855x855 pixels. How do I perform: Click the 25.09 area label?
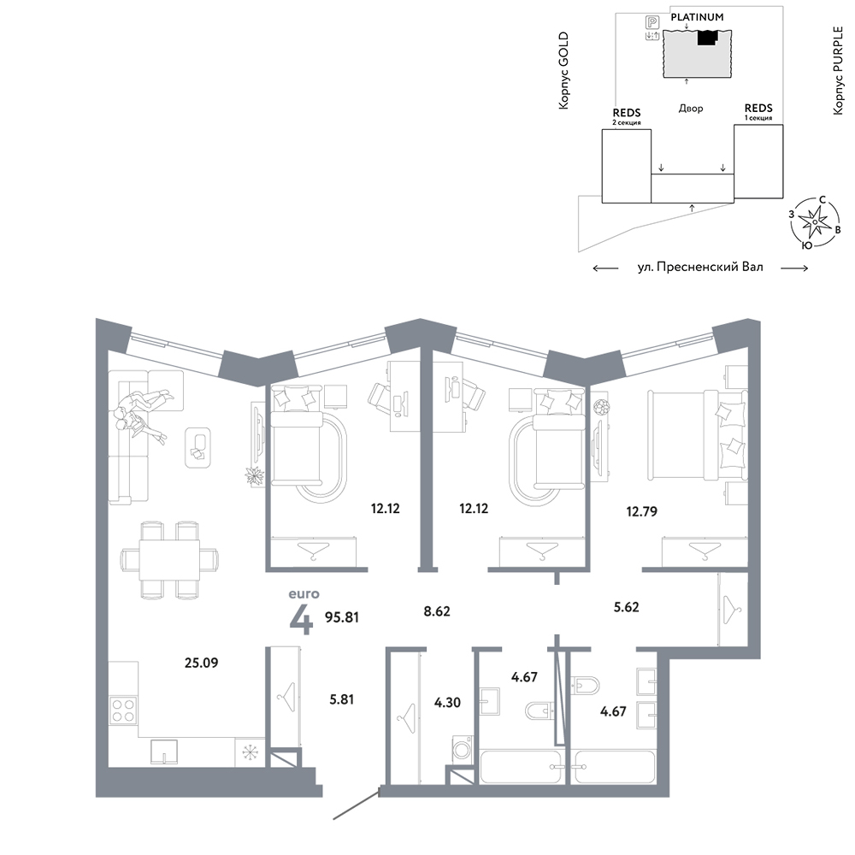201,663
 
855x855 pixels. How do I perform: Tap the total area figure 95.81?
342,617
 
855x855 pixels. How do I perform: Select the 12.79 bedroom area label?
642,511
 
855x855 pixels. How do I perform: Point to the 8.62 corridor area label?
437,611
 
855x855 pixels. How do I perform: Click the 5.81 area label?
342,699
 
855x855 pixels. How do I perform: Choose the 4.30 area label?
448,702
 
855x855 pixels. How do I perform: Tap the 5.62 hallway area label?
626,607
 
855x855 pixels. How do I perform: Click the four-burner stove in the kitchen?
123,710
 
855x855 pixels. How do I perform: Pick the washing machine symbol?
462,748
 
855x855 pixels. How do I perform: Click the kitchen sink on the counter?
164,752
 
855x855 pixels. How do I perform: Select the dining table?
169,560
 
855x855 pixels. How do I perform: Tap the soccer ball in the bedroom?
601,407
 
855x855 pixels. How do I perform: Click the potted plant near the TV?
254,476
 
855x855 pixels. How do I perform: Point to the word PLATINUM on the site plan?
697,17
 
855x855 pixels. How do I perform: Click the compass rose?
815,221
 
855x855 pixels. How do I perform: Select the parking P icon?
652,22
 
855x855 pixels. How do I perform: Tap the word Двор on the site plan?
691,109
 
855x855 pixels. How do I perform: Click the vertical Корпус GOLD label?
563,70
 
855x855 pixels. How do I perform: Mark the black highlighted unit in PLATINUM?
707,37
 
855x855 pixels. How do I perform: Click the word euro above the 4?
304,594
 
